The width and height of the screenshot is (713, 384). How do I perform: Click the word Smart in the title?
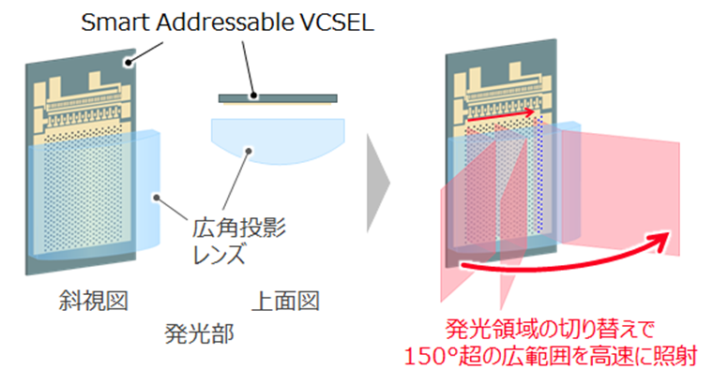click(116, 22)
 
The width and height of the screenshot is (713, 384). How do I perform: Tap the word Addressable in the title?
click(225, 22)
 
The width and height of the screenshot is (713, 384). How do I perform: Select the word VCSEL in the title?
click(338, 22)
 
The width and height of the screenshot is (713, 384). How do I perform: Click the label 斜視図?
click(94, 301)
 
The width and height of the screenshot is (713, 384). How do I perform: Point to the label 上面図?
click(286, 301)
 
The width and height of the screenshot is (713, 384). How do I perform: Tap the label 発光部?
click(199, 333)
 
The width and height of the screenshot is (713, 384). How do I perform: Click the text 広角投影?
click(239, 228)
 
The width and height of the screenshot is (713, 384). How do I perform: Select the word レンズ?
click(220, 254)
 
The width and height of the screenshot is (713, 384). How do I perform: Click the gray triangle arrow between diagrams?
click(378, 183)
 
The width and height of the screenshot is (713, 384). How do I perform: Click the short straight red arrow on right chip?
click(501, 116)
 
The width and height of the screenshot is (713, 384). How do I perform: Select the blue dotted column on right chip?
click(539, 173)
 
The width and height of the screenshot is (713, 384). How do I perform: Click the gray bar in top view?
click(278, 98)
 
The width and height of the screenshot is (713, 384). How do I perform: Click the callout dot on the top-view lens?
click(249, 151)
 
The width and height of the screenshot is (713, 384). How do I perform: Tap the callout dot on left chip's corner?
click(129, 62)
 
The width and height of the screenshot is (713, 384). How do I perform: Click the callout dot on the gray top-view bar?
click(253, 96)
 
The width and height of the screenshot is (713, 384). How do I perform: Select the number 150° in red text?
click(431, 356)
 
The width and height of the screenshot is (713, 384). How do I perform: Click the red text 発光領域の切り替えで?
click(550, 329)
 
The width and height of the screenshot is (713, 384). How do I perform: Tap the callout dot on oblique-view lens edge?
click(157, 198)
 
